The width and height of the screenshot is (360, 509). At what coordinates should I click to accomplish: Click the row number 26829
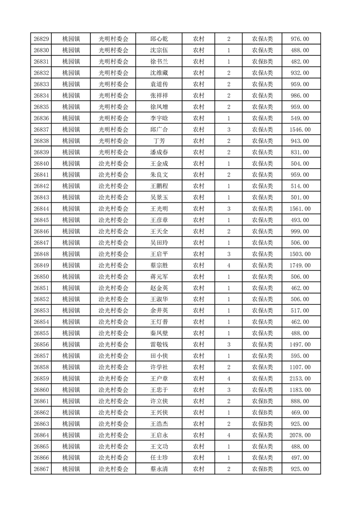(41, 39)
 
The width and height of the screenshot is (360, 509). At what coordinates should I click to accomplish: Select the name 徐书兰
(159, 62)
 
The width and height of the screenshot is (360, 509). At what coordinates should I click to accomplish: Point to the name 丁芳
(159, 141)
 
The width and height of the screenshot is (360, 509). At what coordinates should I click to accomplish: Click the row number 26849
(41, 265)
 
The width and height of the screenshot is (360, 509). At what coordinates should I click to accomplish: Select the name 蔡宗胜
(159, 265)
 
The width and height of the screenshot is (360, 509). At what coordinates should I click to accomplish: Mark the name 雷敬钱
(159, 344)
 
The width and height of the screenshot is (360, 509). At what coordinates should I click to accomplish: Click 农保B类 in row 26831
(262, 62)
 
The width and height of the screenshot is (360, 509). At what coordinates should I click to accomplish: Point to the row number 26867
(41, 469)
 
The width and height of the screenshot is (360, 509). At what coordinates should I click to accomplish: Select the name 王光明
(159, 209)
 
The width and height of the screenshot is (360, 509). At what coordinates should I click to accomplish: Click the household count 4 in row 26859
(228, 378)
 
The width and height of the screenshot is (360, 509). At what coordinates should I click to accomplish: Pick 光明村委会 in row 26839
(113, 152)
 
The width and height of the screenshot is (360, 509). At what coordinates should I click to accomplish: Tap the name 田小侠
(159, 356)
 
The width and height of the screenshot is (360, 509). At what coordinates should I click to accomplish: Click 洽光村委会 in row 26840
(113, 164)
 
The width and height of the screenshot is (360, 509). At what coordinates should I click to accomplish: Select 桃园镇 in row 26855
(71, 333)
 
